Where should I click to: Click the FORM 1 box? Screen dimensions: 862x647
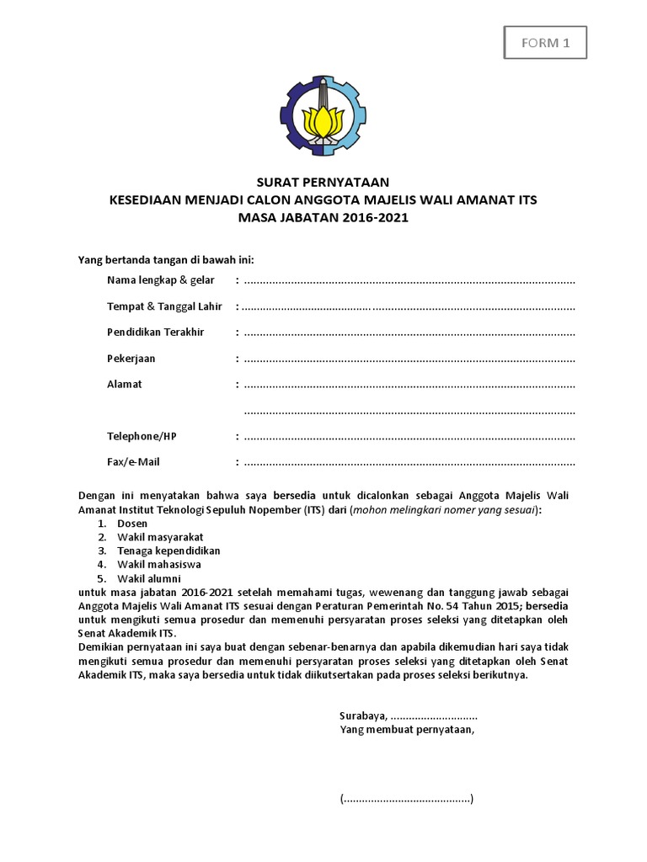pyautogui.click(x=545, y=43)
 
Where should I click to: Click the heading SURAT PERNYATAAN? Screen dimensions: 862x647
pyautogui.click(x=323, y=182)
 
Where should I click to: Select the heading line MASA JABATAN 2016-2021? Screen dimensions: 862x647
pyautogui.click(x=323, y=217)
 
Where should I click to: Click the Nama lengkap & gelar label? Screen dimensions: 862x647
pyautogui.click(x=161, y=279)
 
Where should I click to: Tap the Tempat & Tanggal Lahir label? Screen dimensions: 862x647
pyautogui.click(x=164, y=306)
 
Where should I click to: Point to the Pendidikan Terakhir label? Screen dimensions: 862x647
pyautogui.click(x=155, y=333)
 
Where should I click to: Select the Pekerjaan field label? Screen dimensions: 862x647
pyautogui.click(x=131, y=359)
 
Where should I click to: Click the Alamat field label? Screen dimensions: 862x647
pyautogui.click(x=124, y=384)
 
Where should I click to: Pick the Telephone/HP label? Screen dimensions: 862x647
pyautogui.click(x=142, y=436)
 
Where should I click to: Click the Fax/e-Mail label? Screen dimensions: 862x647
pyautogui.click(x=133, y=462)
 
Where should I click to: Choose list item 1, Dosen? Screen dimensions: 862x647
pyautogui.click(x=132, y=524)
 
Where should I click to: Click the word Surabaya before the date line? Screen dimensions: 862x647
pyautogui.click(x=362, y=716)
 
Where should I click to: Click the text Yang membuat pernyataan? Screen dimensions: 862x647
pyautogui.click(x=407, y=729)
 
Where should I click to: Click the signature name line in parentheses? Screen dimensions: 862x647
pyautogui.click(x=407, y=798)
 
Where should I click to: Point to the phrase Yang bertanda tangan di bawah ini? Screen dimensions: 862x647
pyautogui.click(x=166, y=258)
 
